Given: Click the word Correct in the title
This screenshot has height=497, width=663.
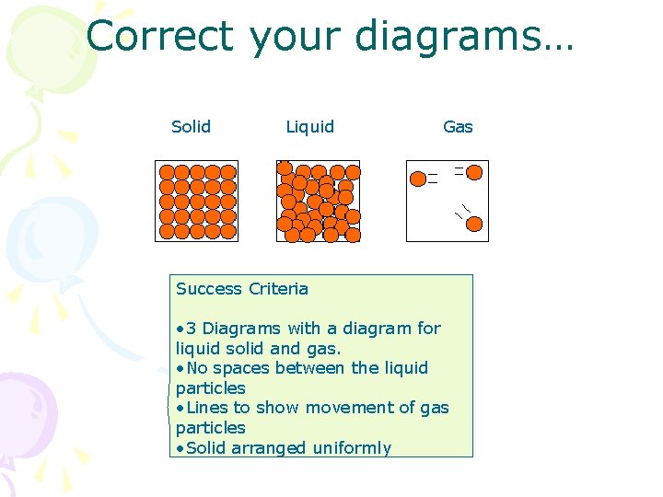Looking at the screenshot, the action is (x=160, y=36).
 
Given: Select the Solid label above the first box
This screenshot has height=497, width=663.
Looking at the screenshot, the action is (x=191, y=126).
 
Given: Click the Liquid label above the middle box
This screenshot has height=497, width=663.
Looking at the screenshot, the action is (x=310, y=127).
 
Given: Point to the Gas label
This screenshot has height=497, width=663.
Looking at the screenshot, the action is (x=458, y=127).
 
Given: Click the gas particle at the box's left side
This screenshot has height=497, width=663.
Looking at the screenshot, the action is (x=418, y=179).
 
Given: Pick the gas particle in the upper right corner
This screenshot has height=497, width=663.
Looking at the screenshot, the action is (x=474, y=172).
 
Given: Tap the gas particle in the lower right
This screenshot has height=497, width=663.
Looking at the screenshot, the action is (x=474, y=224).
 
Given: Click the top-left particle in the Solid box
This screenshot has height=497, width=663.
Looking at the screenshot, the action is (x=167, y=172).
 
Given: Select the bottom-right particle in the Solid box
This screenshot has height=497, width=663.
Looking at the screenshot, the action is (x=228, y=232).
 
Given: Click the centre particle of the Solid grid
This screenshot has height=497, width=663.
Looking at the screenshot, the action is (x=197, y=202).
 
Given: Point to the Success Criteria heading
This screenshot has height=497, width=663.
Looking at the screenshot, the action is (x=242, y=289).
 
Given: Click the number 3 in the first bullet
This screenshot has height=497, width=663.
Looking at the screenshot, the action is (x=191, y=329).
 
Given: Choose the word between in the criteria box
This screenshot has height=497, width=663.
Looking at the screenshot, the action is (x=309, y=367).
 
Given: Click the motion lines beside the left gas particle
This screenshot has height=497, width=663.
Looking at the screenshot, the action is (x=433, y=179).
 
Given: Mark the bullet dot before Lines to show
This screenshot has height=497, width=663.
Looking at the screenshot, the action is (x=180, y=409).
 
